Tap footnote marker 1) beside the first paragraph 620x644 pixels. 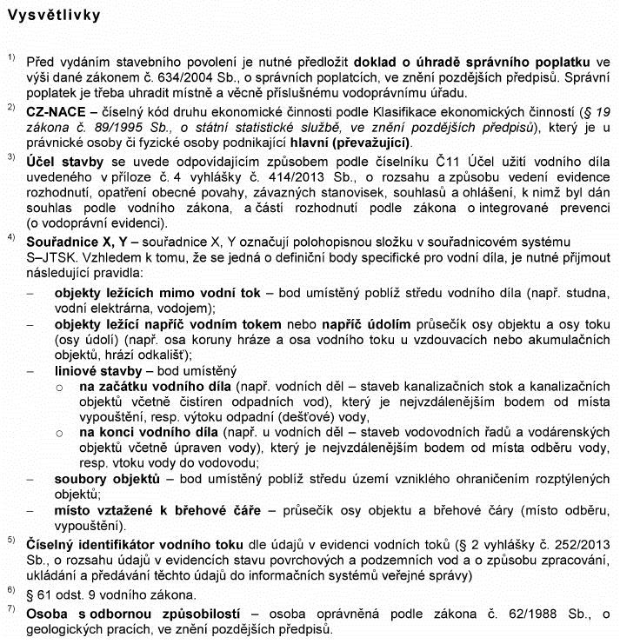point(11,58)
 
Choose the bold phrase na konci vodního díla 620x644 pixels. point(144,432)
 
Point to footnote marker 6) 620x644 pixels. point(11,592)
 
